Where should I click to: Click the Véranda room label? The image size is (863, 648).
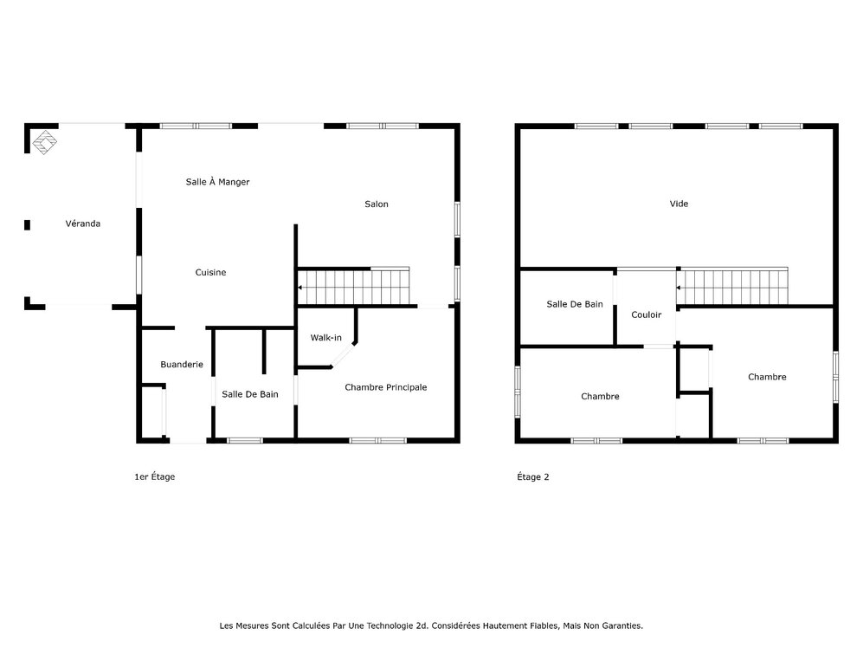(x=83, y=224)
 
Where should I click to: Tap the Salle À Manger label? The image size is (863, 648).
(x=218, y=182)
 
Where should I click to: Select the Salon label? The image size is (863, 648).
(x=377, y=204)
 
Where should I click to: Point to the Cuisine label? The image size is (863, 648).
(x=210, y=273)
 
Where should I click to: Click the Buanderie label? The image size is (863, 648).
(x=182, y=365)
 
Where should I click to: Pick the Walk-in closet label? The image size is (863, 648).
(x=326, y=338)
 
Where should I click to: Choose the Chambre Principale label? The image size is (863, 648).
(x=386, y=387)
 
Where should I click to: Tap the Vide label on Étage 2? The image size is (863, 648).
(x=679, y=204)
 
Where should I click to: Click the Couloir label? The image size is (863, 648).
(x=647, y=314)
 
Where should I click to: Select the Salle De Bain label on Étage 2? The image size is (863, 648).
(x=575, y=304)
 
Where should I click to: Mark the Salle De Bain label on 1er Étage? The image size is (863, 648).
(x=250, y=394)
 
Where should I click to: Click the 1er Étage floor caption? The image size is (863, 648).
(x=155, y=476)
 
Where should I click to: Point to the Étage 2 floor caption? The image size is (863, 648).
(x=533, y=476)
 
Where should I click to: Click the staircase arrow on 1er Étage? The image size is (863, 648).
(x=300, y=286)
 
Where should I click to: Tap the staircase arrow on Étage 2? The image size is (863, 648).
(x=679, y=288)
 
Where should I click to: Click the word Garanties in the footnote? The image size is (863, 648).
(x=621, y=625)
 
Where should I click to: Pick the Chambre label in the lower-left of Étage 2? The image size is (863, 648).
(x=600, y=397)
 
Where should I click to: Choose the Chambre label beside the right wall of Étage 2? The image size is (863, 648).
(x=767, y=377)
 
